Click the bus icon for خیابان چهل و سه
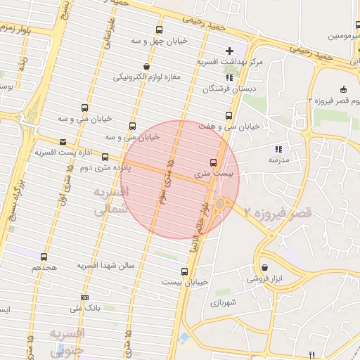click(159, 30)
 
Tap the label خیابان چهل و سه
click(159, 41)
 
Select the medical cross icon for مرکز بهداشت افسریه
click(230, 51)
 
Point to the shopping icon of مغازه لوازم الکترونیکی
click(146, 66)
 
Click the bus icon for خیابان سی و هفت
click(228, 115)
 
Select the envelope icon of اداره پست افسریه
click(63, 141)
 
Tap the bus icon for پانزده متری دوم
click(105, 157)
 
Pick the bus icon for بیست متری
click(214, 162)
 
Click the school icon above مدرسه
click(278, 149)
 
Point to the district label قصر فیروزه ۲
click(278, 211)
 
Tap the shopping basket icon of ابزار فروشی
click(264, 267)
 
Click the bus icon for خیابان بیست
click(184, 271)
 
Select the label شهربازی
click(224, 304)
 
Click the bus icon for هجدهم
click(44, 257)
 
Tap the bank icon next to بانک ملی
click(85, 298)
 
